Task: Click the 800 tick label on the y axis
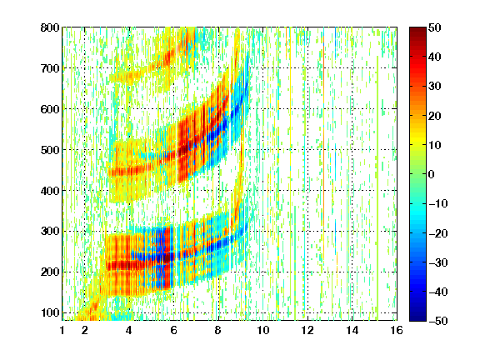[50, 27]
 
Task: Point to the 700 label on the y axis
[50, 68]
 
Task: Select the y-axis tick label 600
[50, 109]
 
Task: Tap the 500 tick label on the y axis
[50, 150]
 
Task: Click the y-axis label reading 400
[50, 191]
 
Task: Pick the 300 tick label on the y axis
[50, 232]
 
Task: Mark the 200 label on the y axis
[50, 272]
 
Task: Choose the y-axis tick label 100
[50, 312]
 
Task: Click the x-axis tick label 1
[62, 330]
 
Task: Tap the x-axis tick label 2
[85, 330]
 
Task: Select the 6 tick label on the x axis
[174, 330]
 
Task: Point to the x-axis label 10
[263, 330]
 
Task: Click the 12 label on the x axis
[307, 330]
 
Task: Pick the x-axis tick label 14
[352, 330]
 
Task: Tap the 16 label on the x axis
[397, 330]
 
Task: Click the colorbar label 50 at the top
[435, 27]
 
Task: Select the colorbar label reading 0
[432, 174]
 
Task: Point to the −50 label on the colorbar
[438, 321]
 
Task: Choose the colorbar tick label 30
[435, 87]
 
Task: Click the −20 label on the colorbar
[438, 233]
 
